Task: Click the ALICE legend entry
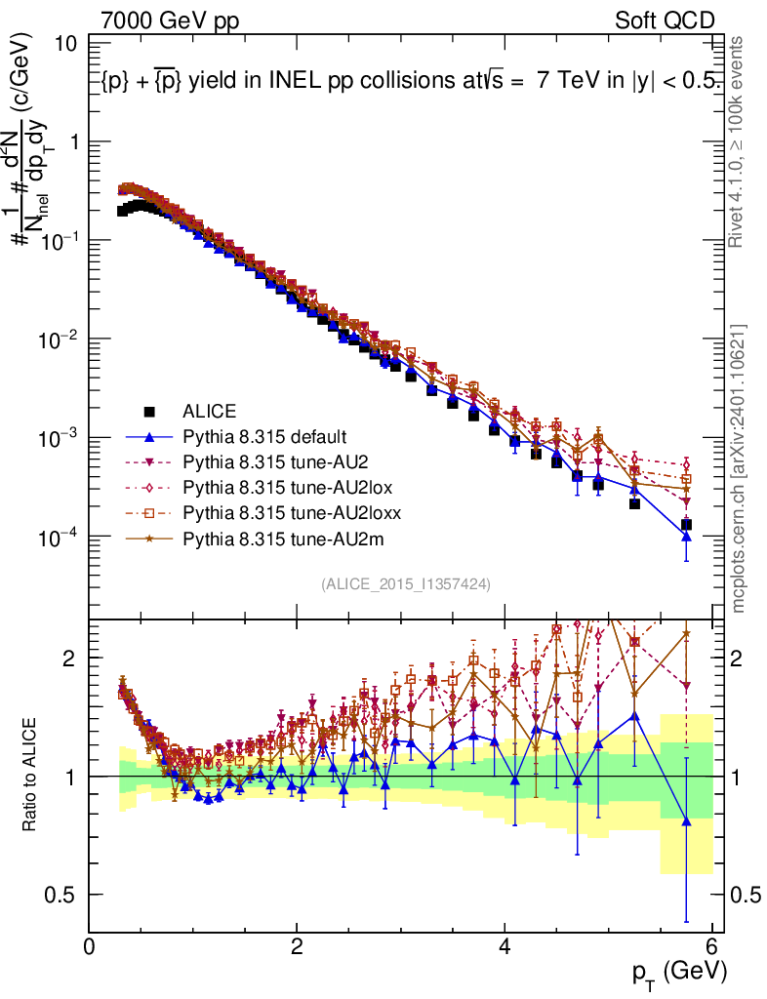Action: (x=209, y=411)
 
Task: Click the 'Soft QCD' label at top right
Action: (x=666, y=20)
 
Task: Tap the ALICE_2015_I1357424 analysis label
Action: (x=405, y=583)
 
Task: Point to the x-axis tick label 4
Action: (x=505, y=947)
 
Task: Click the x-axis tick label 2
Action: (x=297, y=947)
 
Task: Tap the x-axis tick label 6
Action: (x=712, y=947)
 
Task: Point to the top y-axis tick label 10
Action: (x=67, y=44)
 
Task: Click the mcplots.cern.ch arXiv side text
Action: (x=740, y=468)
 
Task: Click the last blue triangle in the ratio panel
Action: (x=687, y=821)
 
